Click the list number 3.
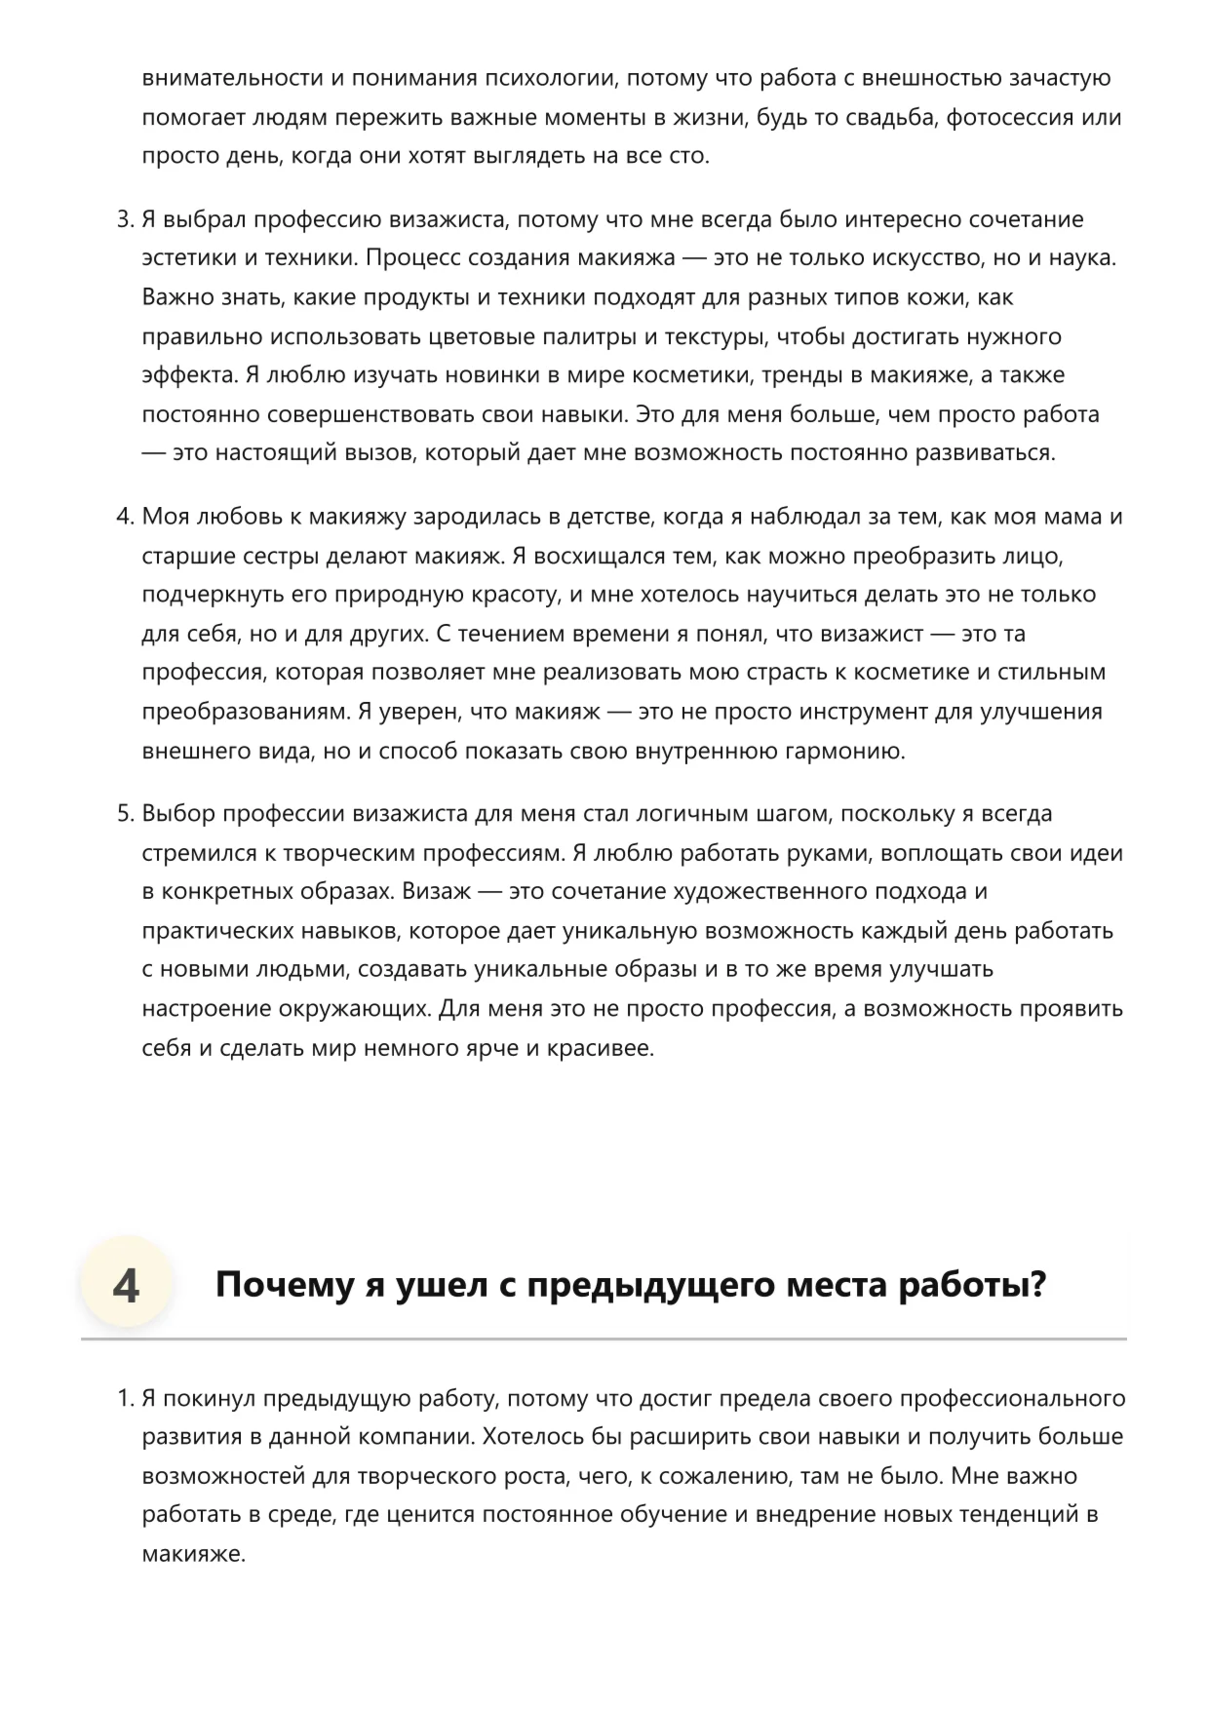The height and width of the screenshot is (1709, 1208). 124,219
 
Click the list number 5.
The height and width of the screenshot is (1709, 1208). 124,814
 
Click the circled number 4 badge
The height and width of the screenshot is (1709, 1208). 126,1286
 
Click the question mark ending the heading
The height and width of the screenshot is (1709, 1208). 1037,1286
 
